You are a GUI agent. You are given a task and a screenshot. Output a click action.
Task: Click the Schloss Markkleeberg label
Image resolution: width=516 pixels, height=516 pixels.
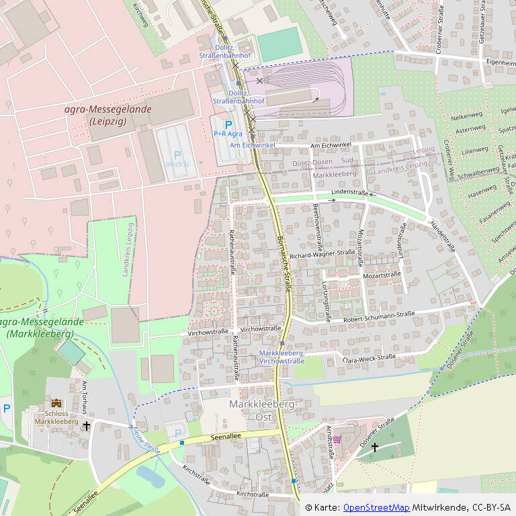click(x=56, y=418)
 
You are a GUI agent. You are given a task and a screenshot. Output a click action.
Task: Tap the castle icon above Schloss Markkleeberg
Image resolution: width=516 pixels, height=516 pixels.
click(x=56, y=403)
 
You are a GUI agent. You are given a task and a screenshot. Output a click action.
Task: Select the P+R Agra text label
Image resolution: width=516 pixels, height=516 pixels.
click(x=228, y=134)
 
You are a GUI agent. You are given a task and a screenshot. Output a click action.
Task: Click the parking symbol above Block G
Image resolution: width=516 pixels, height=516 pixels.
click(x=177, y=155)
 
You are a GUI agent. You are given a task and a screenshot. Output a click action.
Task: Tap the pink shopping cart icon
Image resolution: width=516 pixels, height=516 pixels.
click(x=337, y=439)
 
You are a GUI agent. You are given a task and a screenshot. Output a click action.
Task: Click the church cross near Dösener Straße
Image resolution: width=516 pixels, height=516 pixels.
click(x=375, y=447)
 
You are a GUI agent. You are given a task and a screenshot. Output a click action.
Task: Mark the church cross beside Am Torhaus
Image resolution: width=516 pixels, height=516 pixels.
click(x=86, y=426)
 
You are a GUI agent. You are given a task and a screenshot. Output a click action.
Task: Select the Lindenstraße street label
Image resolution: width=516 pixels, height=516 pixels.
click(x=350, y=193)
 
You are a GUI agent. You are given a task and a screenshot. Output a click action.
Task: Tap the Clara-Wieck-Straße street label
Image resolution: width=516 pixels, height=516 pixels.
click(x=369, y=357)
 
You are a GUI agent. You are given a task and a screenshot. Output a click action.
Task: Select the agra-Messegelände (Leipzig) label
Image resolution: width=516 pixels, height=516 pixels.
click(x=108, y=115)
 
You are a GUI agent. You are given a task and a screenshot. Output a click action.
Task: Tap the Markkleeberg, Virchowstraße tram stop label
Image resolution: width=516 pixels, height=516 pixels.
click(x=282, y=357)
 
